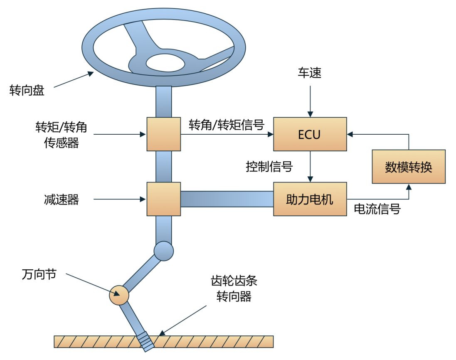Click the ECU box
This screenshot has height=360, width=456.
click(310, 134)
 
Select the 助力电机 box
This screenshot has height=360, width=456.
click(310, 199)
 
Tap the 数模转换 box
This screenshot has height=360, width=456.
click(409, 167)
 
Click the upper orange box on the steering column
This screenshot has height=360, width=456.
click(164, 134)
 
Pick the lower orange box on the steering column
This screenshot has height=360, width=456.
click(164, 199)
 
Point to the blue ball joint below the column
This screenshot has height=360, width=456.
click(163, 251)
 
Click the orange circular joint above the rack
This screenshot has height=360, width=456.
click(119, 295)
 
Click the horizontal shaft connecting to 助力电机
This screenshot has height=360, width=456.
click(227, 199)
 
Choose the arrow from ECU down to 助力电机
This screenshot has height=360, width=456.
click(310, 166)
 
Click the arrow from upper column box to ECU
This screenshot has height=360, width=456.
click(227, 134)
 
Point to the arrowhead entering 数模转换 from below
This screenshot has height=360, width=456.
click(409, 187)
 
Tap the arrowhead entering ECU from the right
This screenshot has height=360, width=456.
click(350, 134)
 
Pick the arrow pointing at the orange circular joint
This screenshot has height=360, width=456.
click(92, 285)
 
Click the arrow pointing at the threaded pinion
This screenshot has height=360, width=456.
click(183, 320)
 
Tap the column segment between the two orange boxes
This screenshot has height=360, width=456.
click(164, 166)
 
